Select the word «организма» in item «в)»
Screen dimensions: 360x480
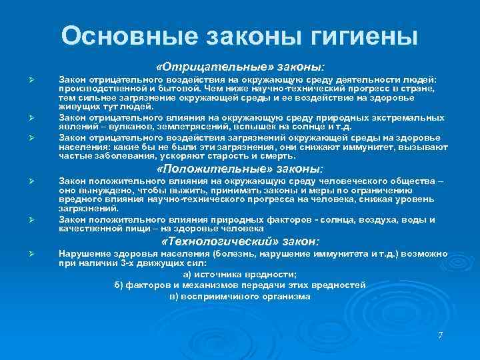click(287, 296)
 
